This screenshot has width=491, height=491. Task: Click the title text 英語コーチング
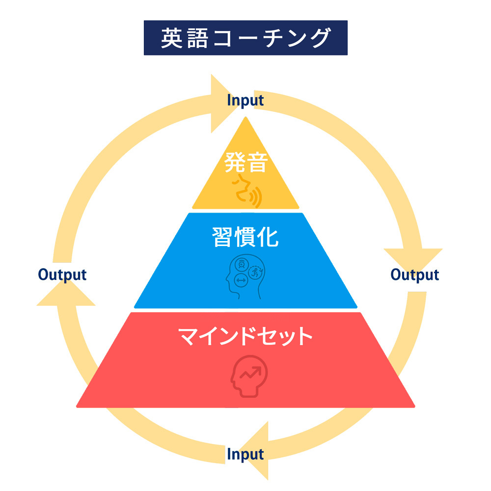pos(245,38)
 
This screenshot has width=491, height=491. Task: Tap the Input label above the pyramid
pos(245,100)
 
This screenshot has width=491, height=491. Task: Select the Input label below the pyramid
pos(245,454)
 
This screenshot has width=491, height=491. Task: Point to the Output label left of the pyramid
pos(62,274)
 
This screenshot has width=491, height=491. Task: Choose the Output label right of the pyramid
pos(415,274)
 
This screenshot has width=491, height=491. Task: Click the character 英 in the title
pos(169,38)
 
